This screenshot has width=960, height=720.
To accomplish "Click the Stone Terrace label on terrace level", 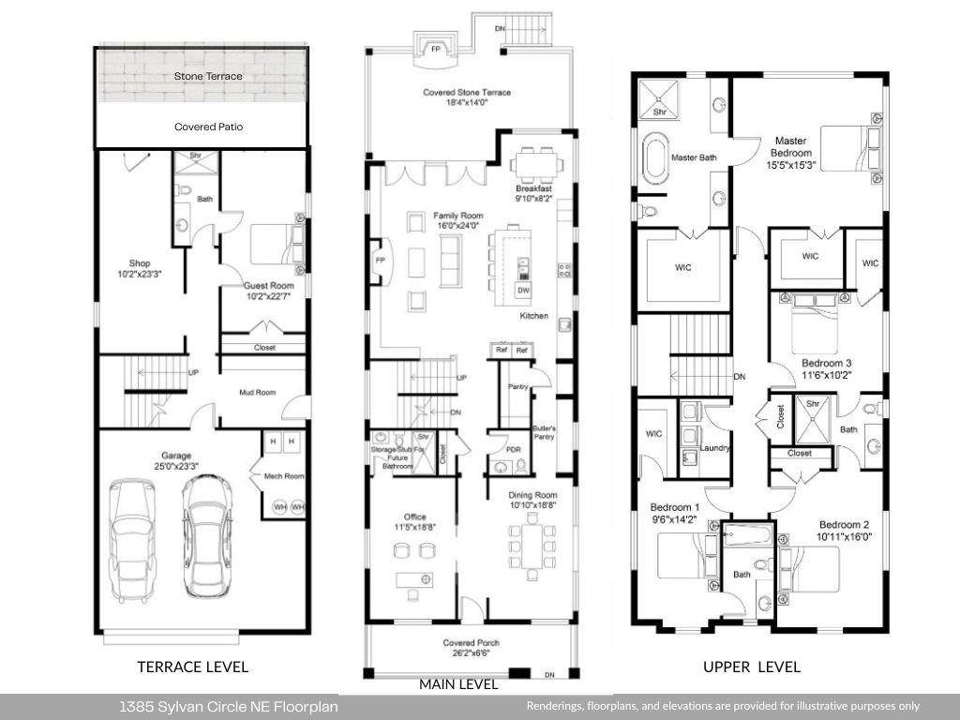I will pos(208,76).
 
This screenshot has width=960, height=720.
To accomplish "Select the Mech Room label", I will pos(281,477).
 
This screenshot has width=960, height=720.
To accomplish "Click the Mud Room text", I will pos(258,392).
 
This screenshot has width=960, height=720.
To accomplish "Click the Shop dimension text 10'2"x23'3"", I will pos(140,275).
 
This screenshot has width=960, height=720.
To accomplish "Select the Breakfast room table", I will pos(533,166).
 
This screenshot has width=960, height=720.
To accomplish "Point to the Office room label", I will pos(415,517).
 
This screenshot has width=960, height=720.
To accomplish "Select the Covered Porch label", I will pos(471,643).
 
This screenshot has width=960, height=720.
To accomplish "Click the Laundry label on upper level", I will pos(715,448).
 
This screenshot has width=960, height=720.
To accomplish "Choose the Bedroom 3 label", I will pos(826,362).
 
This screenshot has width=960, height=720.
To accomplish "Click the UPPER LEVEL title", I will pos(752,667).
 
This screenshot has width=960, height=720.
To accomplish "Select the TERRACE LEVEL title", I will pos(193,667).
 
